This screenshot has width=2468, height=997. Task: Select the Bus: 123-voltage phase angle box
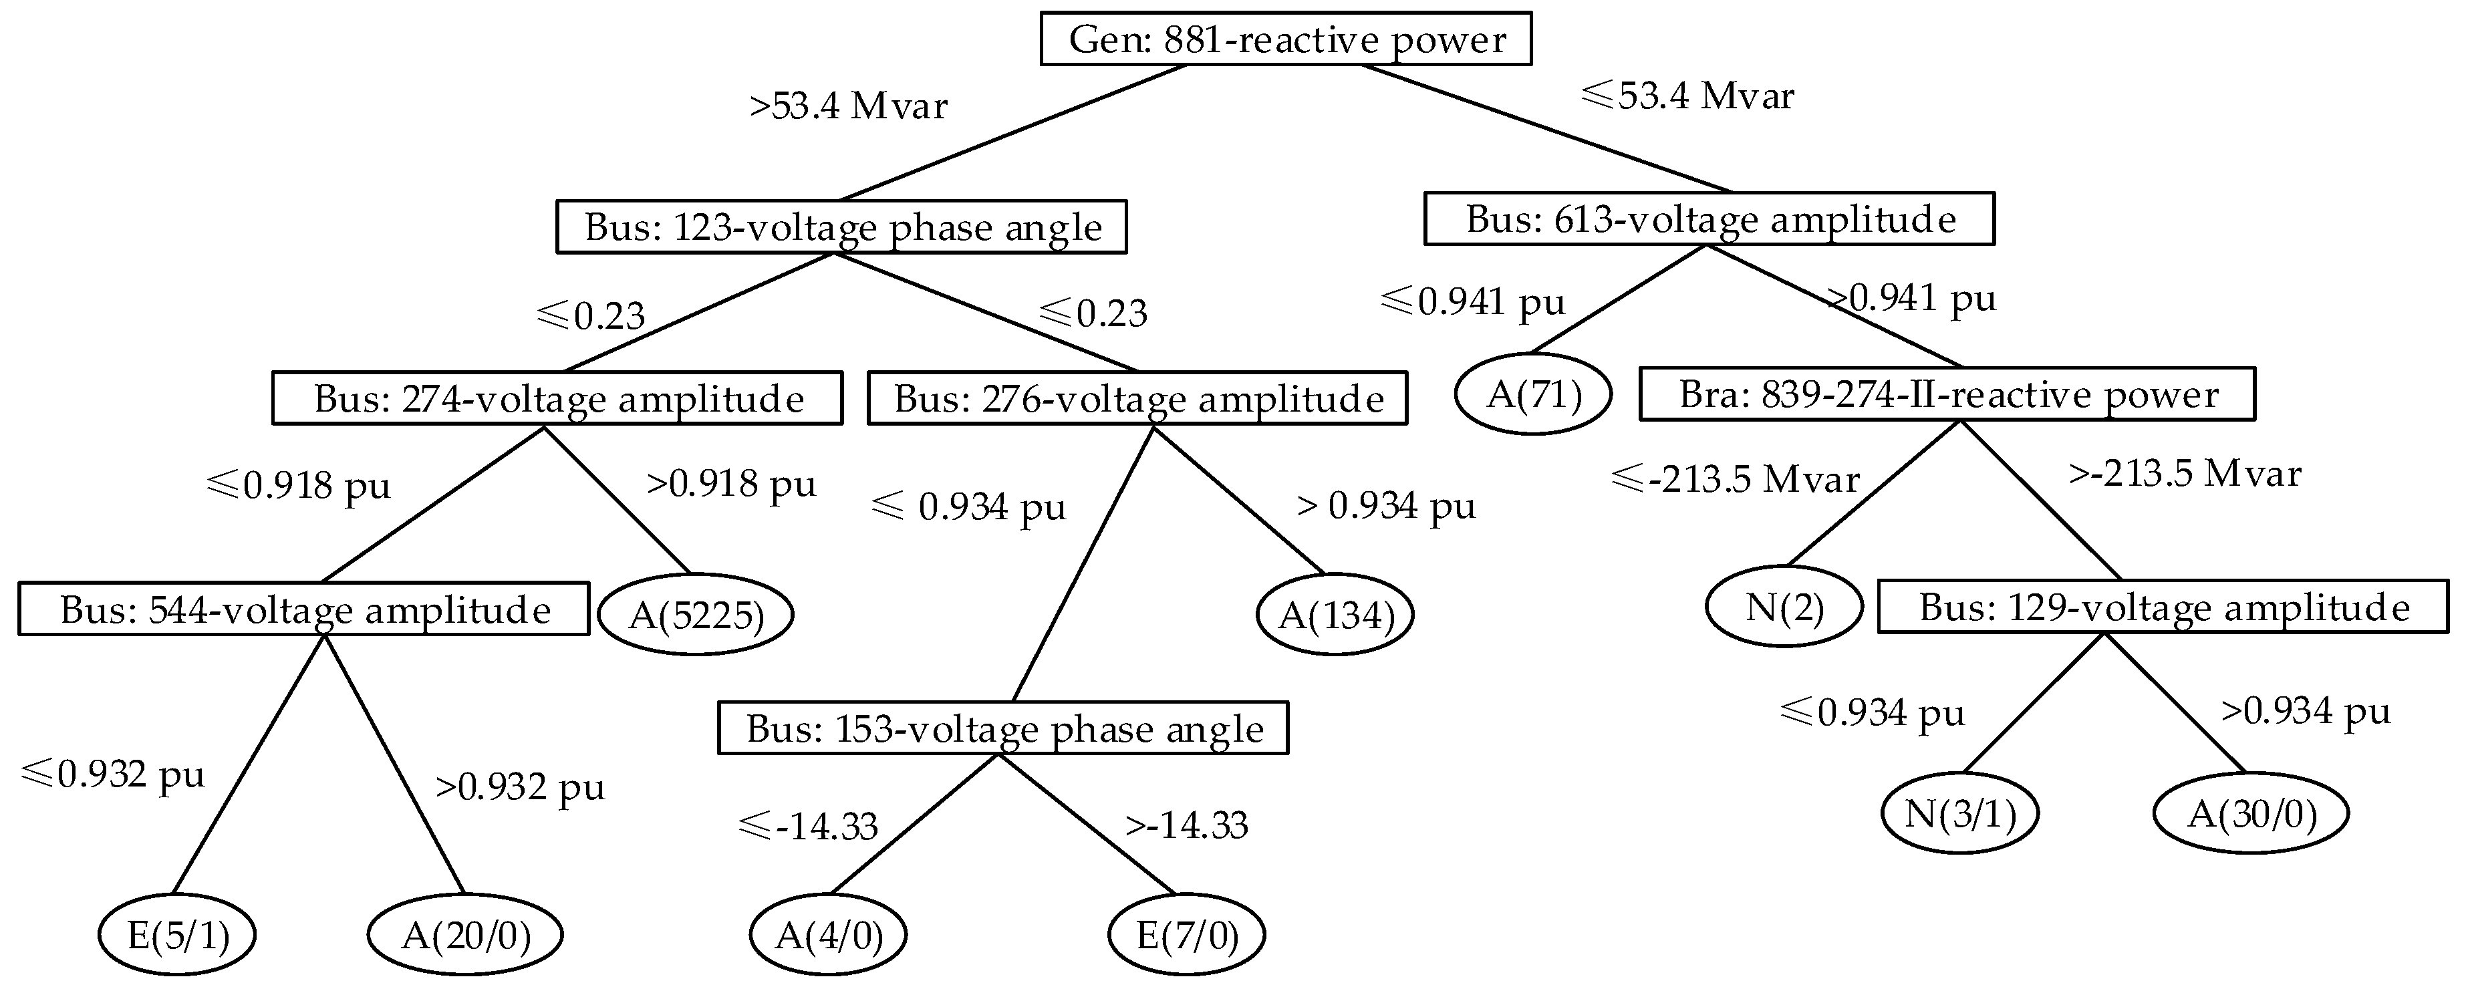point(841,227)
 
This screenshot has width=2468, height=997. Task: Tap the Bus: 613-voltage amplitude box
point(1709,219)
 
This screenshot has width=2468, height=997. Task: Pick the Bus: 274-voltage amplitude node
point(557,398)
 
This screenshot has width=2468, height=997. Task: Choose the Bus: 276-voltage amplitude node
point(1137,398)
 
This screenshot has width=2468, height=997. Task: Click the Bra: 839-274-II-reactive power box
point(1947,394)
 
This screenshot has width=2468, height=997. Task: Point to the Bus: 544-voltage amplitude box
point(303,609)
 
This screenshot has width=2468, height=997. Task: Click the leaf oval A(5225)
point(696,615)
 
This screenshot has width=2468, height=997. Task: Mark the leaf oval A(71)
point(1533,394)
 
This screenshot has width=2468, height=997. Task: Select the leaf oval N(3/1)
point(1959,813)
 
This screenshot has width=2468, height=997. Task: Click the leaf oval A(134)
point(1335,615)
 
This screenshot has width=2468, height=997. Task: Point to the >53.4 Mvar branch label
point(848,106)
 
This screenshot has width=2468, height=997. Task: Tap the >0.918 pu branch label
point(731,484)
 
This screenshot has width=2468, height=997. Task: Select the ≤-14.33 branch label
point(809,825)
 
